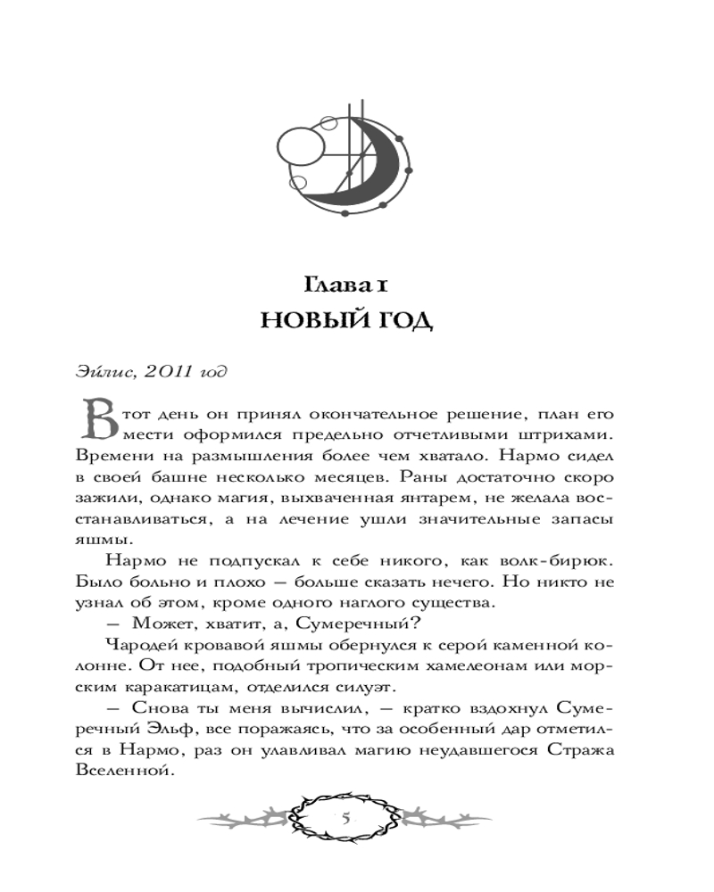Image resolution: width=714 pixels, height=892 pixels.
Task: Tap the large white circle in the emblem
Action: (304, 147)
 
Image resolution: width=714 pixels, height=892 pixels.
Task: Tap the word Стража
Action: (580, 751)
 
